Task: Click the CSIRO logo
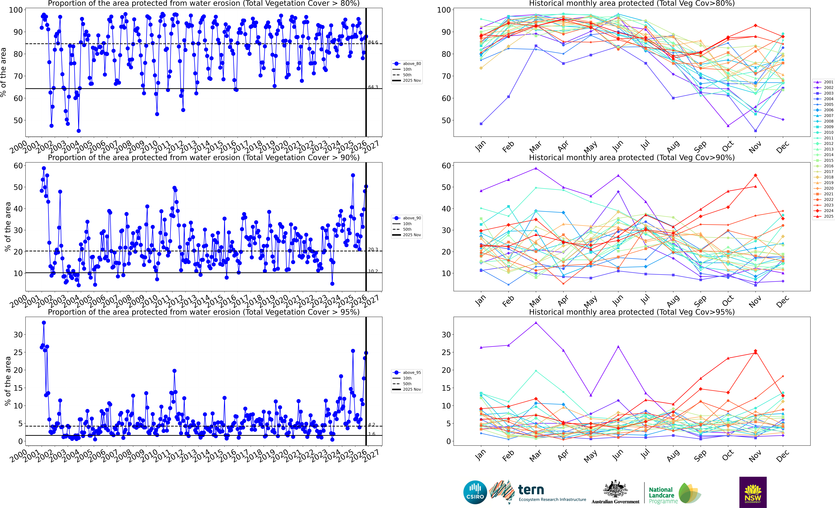click(475, 492)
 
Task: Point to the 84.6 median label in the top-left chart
click(373, 42)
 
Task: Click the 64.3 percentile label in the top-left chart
click(373, 87)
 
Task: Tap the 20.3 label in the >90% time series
click(373, 250)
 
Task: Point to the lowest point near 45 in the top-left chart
click(79, 131)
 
